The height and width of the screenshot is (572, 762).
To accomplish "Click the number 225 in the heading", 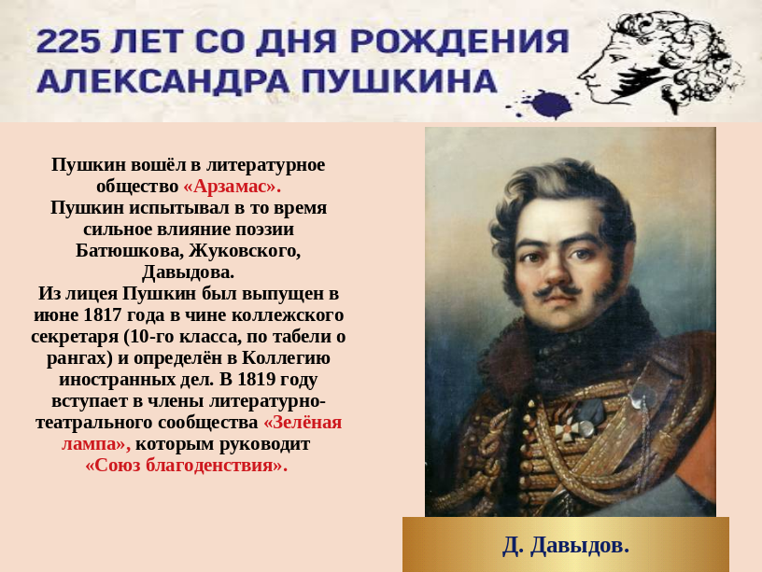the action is tap(68, 41).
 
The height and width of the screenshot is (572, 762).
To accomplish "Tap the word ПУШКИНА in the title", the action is tap(399, 81).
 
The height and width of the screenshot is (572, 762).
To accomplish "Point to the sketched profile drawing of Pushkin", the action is tap(661, 61).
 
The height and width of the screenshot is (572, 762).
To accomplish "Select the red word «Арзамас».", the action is tap(233, 187).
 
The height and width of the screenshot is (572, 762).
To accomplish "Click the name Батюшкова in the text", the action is tap(129, 251).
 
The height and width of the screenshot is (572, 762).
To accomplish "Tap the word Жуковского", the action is tap(245, 251).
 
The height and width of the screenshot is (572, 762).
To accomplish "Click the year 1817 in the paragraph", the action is tap(102, 315).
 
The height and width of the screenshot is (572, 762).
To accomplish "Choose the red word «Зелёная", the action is tap(303, 423).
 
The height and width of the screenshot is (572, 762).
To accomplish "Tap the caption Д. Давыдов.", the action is tap(566, 545).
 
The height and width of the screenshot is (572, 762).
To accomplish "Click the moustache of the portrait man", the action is tap(557, 290).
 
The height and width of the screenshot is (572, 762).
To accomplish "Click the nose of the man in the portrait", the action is tap(554, 272).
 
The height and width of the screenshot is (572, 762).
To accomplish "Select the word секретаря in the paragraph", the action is tap(75, 337).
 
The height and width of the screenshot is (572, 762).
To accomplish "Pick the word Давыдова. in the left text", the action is tap(188, 272).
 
